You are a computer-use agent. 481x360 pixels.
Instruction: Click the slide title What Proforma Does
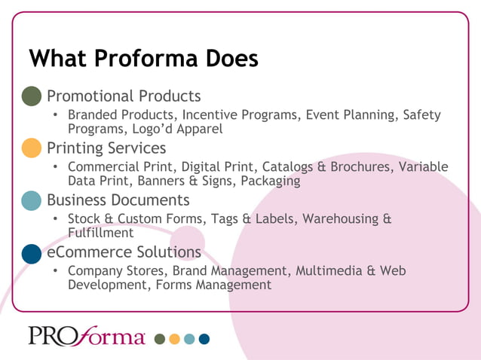pos(143,58)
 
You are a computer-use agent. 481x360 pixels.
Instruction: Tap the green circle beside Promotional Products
pos(31,96)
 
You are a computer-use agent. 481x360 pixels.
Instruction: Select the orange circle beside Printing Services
pos(31,148)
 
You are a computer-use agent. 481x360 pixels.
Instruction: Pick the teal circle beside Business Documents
pos(31,200)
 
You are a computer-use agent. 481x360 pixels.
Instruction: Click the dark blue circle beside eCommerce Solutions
pos(31,252)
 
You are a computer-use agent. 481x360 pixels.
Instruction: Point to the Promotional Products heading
pos(124,96)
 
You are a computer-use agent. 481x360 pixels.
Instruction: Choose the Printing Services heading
pos(106,148)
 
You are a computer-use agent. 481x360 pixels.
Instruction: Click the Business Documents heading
pos(118,200)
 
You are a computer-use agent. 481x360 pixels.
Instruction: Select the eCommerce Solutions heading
pos(124,252)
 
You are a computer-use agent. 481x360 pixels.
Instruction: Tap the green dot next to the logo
pos(159,339)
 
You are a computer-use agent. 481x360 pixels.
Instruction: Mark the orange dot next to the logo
pos(174,339)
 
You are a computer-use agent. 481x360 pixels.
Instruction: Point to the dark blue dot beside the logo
pos(204,339)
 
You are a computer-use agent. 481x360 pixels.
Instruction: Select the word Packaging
pos(269,182)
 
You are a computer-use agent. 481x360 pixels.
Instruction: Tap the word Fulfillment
pos(101,233)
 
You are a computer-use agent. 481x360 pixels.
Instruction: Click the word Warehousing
pos(339,219)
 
